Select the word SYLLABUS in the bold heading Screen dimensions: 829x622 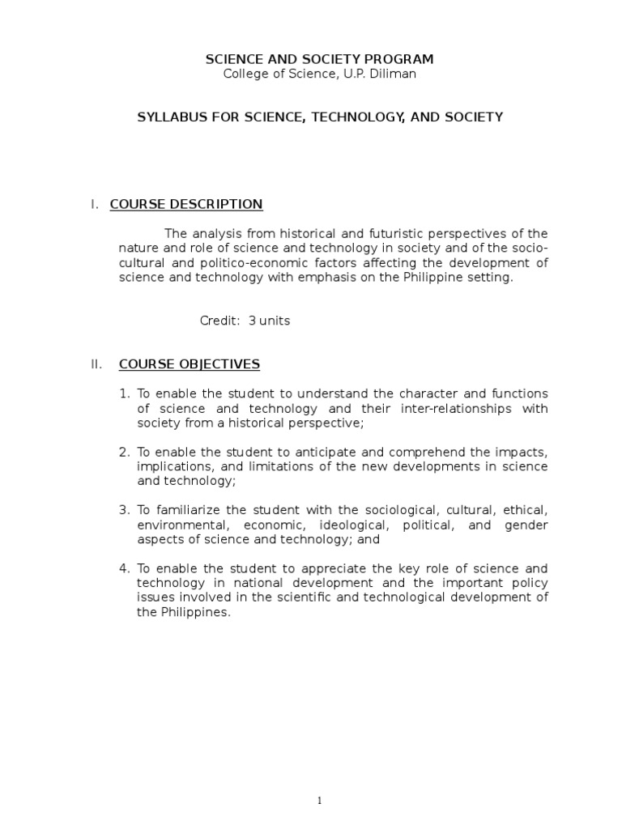pyautogui.click(x=168, y=117)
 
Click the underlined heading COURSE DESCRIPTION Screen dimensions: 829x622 pyautogui.click(x=186, y=204)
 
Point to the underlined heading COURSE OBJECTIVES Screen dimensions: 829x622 pyautogui.click(x=190, y=364)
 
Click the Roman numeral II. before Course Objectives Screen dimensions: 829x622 pyautogui.click(x=96, y=364)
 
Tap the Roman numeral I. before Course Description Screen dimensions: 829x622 pyautogui.click(x=95, y=204)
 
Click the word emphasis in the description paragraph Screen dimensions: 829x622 pyautogui.click(x=335, y=278)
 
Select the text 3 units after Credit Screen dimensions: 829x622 pyautogui.click(x=269, y=321)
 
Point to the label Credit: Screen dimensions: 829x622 pyautogui.click(x=220, y=321)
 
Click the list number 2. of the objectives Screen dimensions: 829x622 pyautogui.click(x=125, y=452)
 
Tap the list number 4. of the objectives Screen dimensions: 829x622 pyautogui.click(x=125, y=568)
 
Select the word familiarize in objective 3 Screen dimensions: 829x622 pyautogui.click(x=187, y=510)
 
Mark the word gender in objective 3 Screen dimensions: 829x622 pyautogui.click(x=527, y=525)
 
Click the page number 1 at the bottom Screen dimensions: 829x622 pyautogui.click(x=319, y=801)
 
